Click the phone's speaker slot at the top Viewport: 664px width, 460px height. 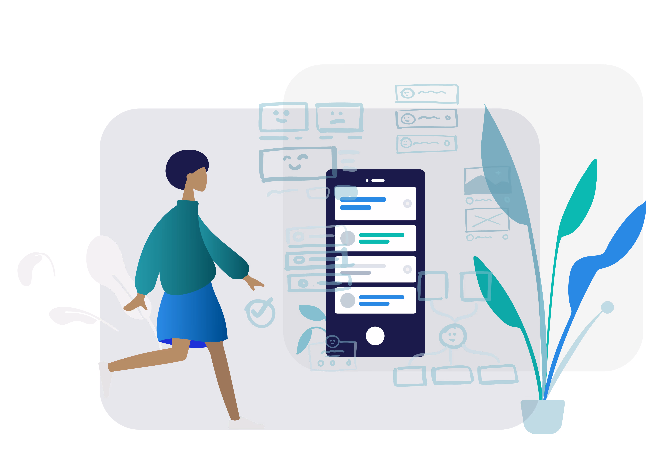pos(378,180)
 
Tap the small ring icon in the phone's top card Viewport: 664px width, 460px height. pos(407,203)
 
